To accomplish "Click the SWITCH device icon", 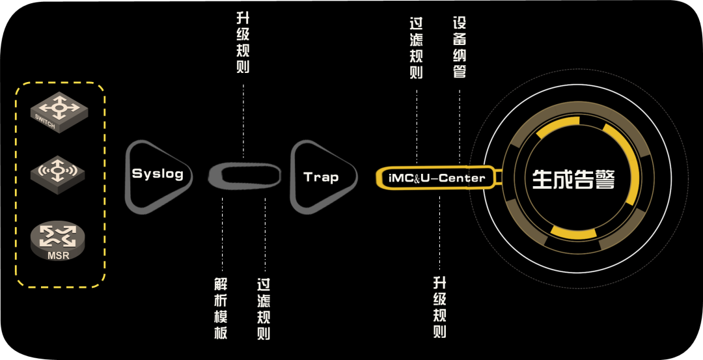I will pyautogui.click(x=57, y=112).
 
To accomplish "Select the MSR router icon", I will pyautogui.click(x=58, y=239).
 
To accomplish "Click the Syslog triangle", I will pyautogui.click(x=156, y=174).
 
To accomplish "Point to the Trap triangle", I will pyautogui.click(x=321, y=177).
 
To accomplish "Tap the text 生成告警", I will pyautogui.click(x=573, y=179).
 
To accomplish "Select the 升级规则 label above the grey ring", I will pyautogui.click(x=243, y=43).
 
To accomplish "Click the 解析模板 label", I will pyautogui.click(x=221, y=309).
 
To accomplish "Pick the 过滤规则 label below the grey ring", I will pyautogui.click(x=264, y=309).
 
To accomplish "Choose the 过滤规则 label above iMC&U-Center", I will pyautogui.click(x=417, y=48).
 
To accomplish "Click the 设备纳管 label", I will pyautogui.click(x=460, y=48).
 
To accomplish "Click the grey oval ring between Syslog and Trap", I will pyautogui.click(x=245, y=176).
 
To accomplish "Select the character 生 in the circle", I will pyautogui.click(x=542, y=179).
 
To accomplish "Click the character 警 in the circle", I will pyautogui.click(x=605, y=179).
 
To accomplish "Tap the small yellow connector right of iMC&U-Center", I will pyautogui.click(x=498, y=177).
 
